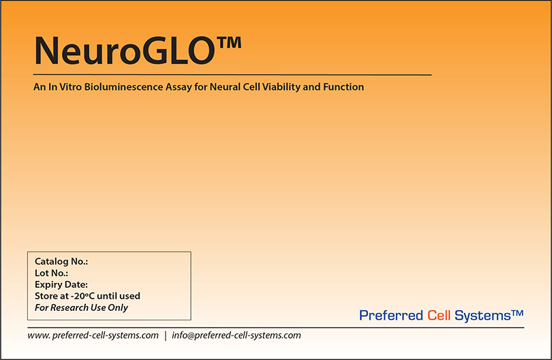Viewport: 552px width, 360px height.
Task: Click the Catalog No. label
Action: [61, 261]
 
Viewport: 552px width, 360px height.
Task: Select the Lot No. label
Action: [51, 273]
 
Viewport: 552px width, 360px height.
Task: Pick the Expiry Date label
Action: [61, 284]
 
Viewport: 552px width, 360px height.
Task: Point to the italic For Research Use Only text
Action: [81, 307]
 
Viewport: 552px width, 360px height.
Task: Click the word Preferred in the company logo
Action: [390, 316]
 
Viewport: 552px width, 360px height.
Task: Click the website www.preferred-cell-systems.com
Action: [93, 335]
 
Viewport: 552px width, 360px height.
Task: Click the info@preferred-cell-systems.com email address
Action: [236, 335]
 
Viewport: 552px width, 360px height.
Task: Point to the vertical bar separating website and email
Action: [165, 335]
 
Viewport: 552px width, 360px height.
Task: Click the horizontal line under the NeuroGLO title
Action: [232, 74]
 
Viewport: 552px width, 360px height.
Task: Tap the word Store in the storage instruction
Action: [46, 296]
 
